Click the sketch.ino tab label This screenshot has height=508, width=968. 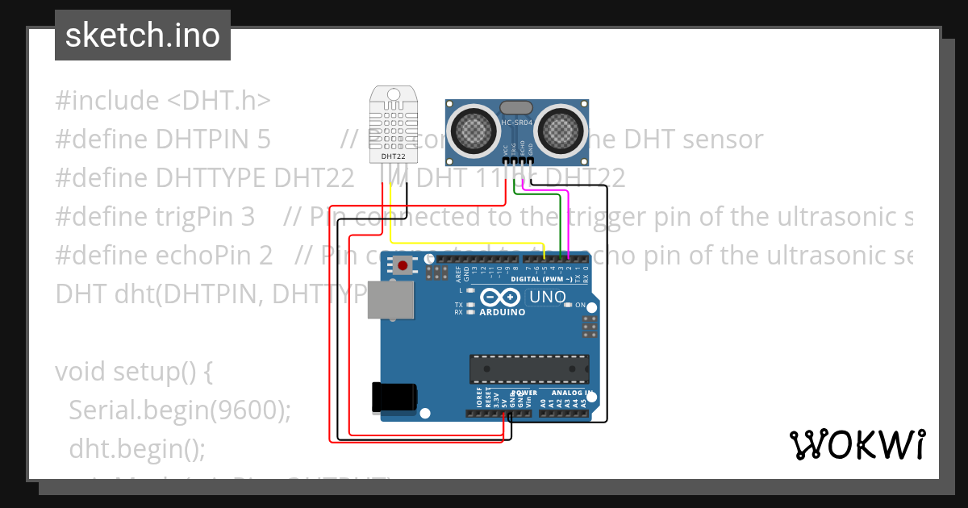tap(142, 35)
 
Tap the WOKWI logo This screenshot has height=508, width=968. tap(857, 444)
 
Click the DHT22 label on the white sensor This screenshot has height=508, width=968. tap(393, 156)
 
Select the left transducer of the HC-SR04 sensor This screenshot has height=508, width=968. tap(474, 128)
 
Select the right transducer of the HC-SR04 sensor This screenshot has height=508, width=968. tap(562, 128)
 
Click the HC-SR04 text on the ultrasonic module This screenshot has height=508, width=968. tap(517, 123)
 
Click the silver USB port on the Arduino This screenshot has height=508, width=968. tap(390, 300)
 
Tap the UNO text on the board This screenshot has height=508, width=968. tap(548, 298)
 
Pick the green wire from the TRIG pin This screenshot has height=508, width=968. tap(560, 222)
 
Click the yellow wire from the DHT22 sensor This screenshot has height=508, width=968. tap(468, 242)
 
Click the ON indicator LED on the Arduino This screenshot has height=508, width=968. tap(569, 305)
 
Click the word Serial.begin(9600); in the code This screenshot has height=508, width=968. tap(179, 410)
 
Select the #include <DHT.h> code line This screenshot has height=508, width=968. tap(163, 101)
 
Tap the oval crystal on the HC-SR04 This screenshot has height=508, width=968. tap(516, 107)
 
